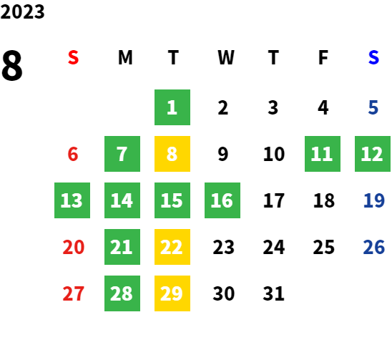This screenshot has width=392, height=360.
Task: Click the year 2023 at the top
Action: tap(22, 11)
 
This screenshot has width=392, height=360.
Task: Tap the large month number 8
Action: tap(12, 66)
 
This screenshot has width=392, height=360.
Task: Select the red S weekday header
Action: tap(73, 57)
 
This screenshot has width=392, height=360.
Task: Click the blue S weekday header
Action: tap(373, 57)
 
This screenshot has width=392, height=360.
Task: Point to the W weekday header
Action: tap(226, 57)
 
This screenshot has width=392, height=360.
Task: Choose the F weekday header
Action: tap(323, 57)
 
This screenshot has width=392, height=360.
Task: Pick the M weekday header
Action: tap(125, 57)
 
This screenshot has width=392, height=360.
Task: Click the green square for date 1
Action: tap(172, 107)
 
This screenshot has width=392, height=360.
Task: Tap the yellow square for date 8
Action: tap(172, 154)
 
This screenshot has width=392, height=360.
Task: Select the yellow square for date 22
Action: tap(172, 247)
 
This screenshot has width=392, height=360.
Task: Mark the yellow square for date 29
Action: tap(172, 293)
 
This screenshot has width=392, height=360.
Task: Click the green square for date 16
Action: tap(222, 200)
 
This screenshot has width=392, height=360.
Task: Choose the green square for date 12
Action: tap(373, 154)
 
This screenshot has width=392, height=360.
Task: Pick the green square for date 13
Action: tap(72, 200)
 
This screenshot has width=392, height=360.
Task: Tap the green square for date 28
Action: tap(122, 293)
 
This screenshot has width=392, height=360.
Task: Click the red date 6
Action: tap(73, 154)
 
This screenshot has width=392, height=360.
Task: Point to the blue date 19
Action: tap(373, 200)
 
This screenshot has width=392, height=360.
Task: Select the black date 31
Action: tap(273, 293)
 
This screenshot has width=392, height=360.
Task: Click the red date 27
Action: tap(73, 293)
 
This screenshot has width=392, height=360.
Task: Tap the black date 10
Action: tap(274, 154)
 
